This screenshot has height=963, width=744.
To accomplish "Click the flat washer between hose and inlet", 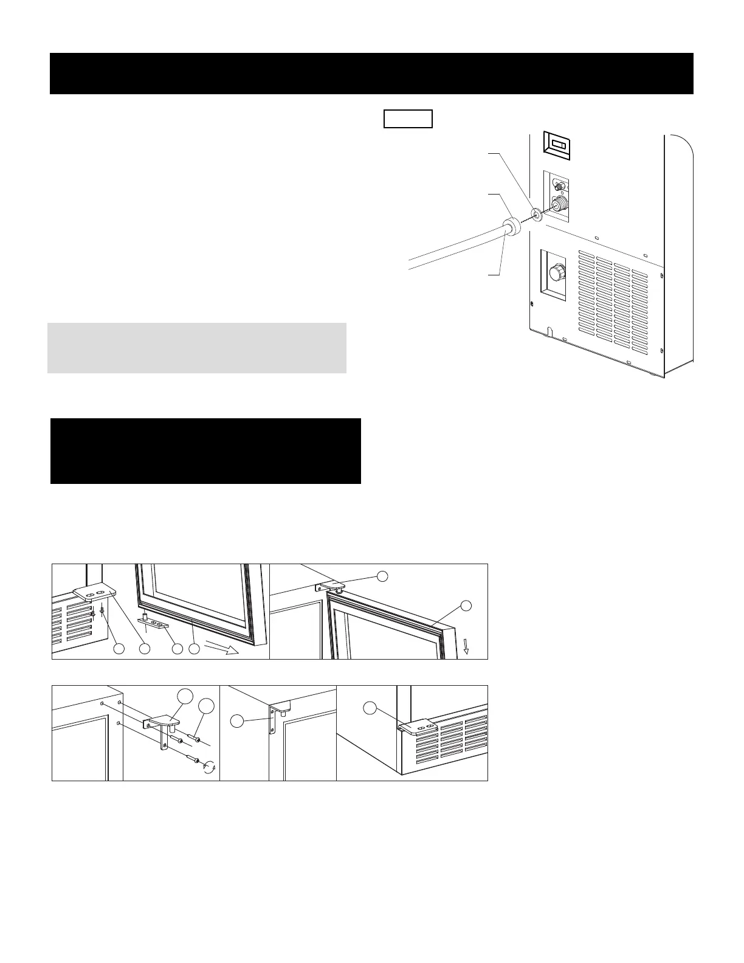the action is [x=536, y=214].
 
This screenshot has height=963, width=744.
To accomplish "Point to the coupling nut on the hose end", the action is [x=512, y=226].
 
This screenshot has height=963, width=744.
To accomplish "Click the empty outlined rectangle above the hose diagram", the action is [x=408, y=119].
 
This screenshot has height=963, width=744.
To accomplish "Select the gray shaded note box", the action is [x=197, y=348].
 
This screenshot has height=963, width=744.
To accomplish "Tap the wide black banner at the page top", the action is [x=371, y=74].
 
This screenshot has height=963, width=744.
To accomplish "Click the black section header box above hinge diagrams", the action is [x=205, y=450].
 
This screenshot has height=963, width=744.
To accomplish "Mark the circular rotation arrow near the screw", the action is [x=210, y=767].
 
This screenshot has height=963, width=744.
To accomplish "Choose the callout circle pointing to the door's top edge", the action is [x=466, y=605].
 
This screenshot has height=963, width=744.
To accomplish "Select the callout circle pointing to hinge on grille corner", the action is [x=370, y=707].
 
